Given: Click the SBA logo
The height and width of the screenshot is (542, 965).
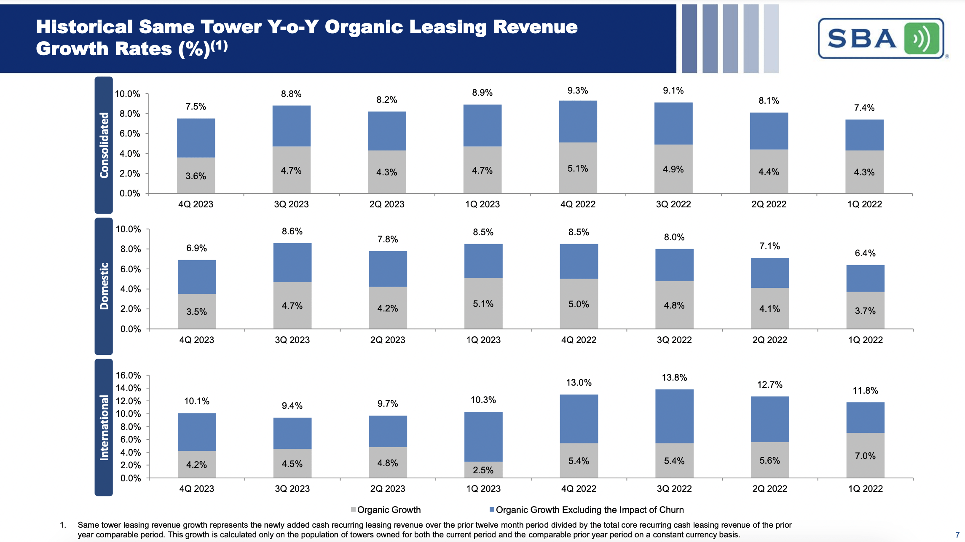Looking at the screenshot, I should click(x=881, y=38).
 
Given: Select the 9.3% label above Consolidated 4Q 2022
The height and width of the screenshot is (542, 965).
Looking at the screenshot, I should click(x=578, y=91).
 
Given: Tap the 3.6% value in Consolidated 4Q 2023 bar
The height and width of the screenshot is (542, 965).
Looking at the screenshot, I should click(x=196, y=176).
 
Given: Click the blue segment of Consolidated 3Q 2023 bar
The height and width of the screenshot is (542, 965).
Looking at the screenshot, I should click(x=292, y=126).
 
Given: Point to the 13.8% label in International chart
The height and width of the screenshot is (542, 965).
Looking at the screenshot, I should click(x=674, y=378).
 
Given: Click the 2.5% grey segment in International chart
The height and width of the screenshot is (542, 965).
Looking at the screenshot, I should click(x=483, y=470).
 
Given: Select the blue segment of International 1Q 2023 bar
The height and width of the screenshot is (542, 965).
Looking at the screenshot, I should click(x=483, y=436).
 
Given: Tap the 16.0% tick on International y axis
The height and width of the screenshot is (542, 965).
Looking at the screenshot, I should click(x=129, y=375).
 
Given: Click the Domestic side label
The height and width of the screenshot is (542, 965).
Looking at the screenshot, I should click(x=104, y=286).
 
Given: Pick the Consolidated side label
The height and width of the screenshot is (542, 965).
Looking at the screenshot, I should click(x=104, y=145).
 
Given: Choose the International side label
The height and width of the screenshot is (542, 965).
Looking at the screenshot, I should click(x=104, y=427).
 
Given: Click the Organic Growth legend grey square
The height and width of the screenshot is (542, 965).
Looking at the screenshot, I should click(x=353, y=510).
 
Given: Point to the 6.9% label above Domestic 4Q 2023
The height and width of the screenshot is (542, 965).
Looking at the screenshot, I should click(x=197, y=248).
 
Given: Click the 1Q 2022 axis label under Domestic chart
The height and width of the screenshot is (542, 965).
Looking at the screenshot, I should click(x=865, y=340).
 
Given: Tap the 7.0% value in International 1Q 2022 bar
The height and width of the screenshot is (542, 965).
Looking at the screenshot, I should click(x=865, y=456).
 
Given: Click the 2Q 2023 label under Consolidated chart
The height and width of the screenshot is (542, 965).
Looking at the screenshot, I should click(x=387, y=204).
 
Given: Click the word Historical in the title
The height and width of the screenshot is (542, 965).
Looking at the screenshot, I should click(x=84, y=27).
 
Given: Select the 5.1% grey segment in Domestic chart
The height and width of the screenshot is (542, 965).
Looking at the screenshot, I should click(x=483, y=303).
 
